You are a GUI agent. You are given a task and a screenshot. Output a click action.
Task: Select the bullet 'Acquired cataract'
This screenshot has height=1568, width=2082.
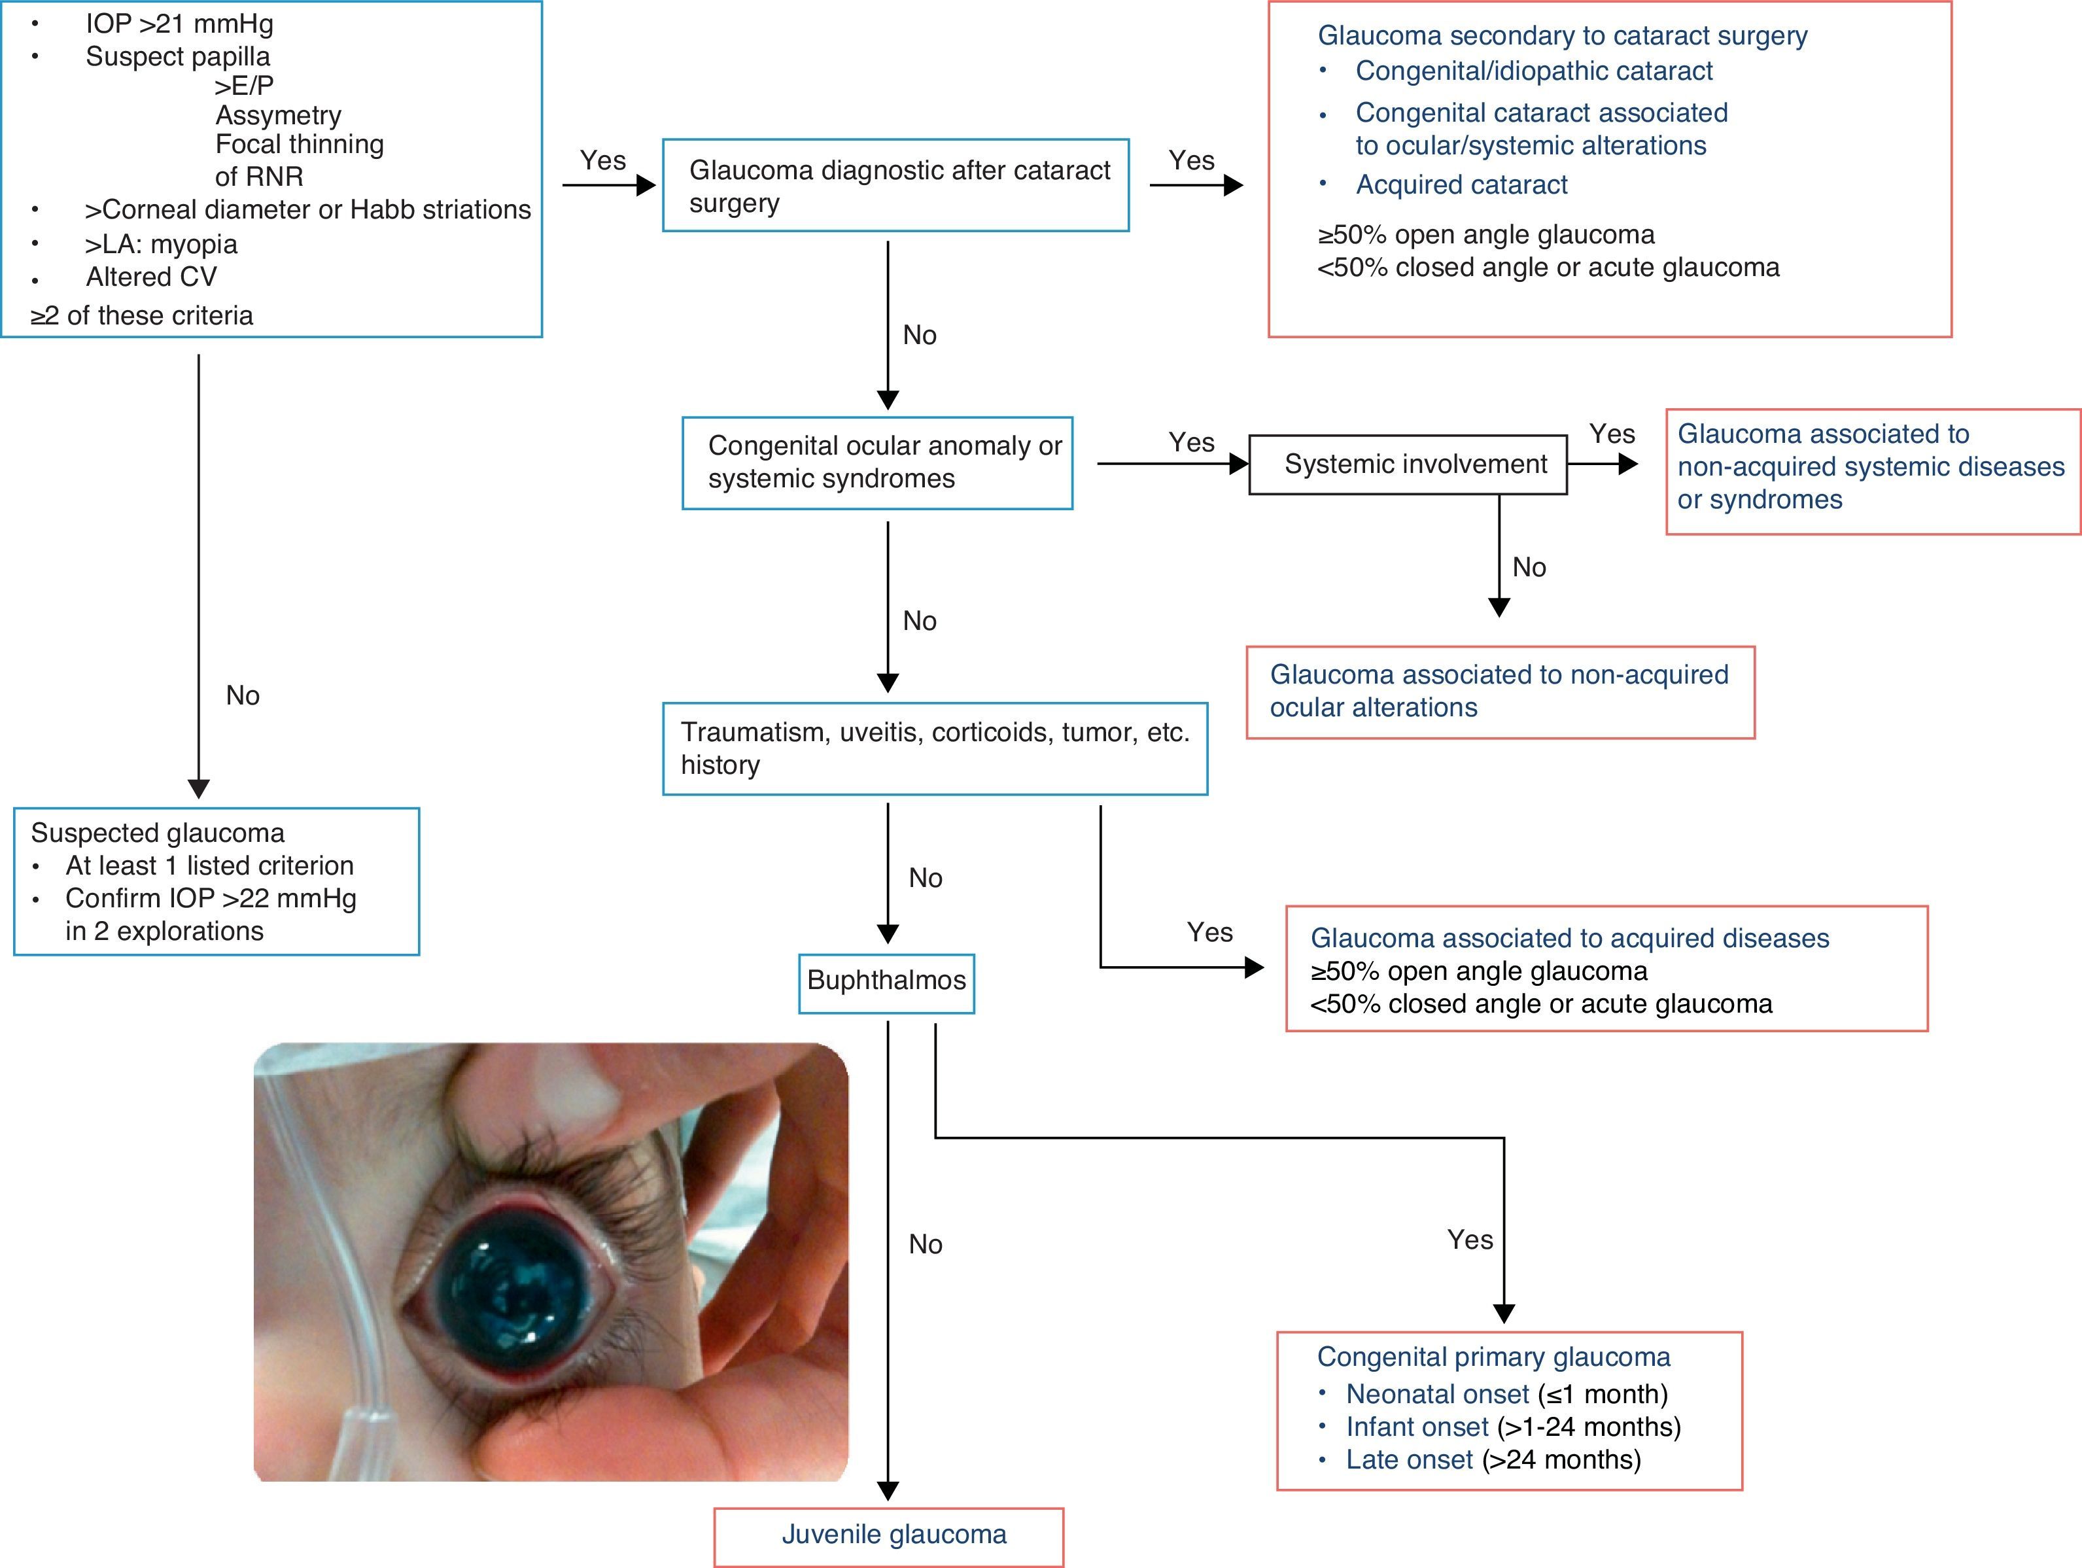click(x=1461, y=184)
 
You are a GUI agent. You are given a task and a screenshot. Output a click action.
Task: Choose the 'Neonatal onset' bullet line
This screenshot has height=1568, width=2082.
click(x=1506, y=1394)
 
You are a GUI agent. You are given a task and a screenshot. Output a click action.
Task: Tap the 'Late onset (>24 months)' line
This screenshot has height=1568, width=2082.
click(x=1493, y=1460)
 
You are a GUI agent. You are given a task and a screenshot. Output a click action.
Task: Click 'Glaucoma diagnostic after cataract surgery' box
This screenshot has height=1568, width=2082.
click(x=895, y=185)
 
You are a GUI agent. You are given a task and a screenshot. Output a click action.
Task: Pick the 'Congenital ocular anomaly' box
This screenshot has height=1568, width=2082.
click(x=877, y=462)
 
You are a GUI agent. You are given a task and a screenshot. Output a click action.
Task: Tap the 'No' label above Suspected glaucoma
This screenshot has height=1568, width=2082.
click(x=243, y=695)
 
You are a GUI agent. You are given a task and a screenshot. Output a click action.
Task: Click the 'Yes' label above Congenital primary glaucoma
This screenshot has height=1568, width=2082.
click(x=1469, y=1240)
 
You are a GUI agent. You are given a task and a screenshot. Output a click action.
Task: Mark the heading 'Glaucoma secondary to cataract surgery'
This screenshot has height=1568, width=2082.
click(x=1561, y=36)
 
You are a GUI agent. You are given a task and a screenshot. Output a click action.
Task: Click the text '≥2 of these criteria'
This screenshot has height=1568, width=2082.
click(x=142, y=315)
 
